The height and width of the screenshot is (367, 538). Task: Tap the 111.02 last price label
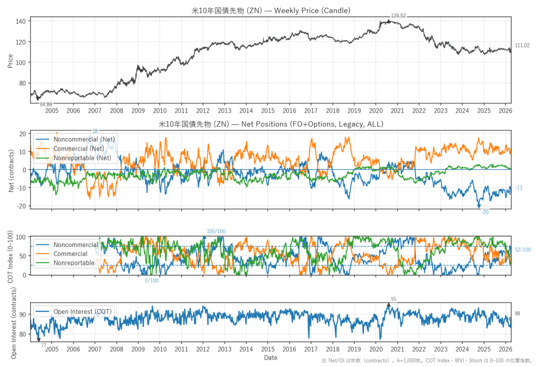coord(522,46)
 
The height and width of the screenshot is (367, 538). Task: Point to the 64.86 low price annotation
coord(46,105)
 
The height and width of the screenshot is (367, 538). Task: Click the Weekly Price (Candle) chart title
coord(271,10)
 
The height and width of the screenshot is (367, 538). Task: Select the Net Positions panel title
coord(271,124)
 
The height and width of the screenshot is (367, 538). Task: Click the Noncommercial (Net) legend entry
coord(85,139)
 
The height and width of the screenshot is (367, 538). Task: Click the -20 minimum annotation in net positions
coord(485,212)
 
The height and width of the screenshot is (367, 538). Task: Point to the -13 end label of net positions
coord(519,188)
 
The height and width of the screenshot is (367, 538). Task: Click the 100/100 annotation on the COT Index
coord(216,232)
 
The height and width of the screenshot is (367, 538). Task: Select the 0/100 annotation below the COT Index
coord(152,281)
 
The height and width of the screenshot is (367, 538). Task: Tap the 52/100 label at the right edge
coord(523,250)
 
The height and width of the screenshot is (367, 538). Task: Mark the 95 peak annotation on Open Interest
coord(394,299)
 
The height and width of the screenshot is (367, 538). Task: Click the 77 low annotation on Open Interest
coord(44,345)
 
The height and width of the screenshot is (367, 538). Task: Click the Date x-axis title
coord(271,358)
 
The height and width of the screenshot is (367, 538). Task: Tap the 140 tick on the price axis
coord(22,21)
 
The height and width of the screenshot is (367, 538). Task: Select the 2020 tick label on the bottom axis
coord(376,349)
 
